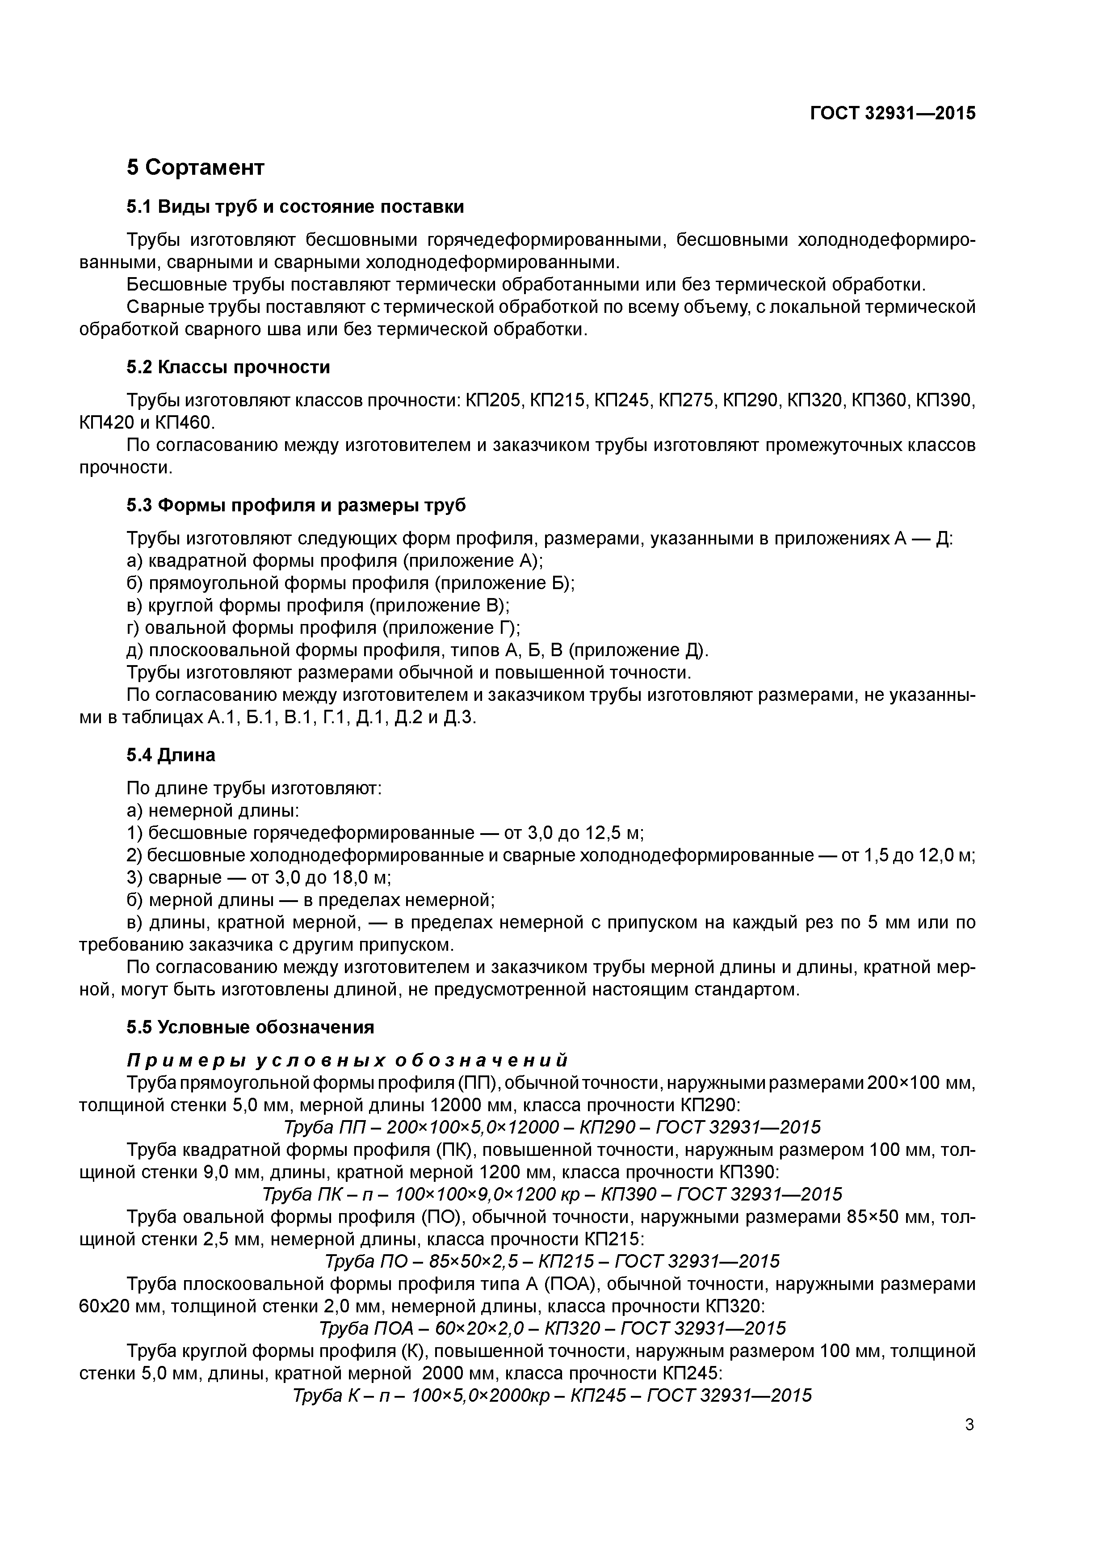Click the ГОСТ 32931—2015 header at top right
892,114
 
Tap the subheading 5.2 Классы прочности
228,367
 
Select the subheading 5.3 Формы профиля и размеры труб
296,506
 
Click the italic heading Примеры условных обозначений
347,1061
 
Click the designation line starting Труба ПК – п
552,1194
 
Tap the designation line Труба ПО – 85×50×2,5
552,1261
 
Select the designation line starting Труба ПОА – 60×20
552,1328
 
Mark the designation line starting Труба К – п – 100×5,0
552,1395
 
